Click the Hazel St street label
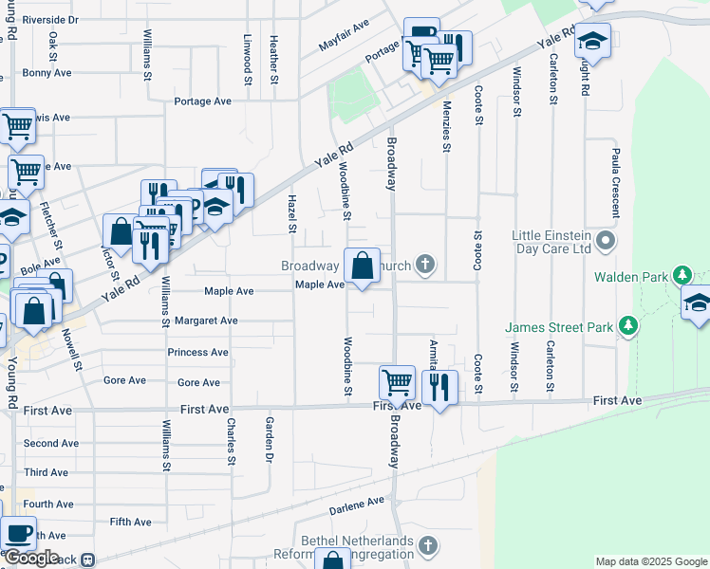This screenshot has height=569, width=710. (292, 214)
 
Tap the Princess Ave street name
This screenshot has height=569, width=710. (197, 352)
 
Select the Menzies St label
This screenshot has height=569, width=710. (446, 128)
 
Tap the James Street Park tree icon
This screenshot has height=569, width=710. (626, 327)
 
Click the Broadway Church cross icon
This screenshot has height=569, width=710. (427, 266)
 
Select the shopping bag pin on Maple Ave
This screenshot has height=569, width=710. (362, 266)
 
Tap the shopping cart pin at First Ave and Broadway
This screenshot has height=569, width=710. (398, 383)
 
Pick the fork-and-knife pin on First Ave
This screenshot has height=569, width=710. (439, 387)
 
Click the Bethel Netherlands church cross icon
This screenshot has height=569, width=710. (428, 545)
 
